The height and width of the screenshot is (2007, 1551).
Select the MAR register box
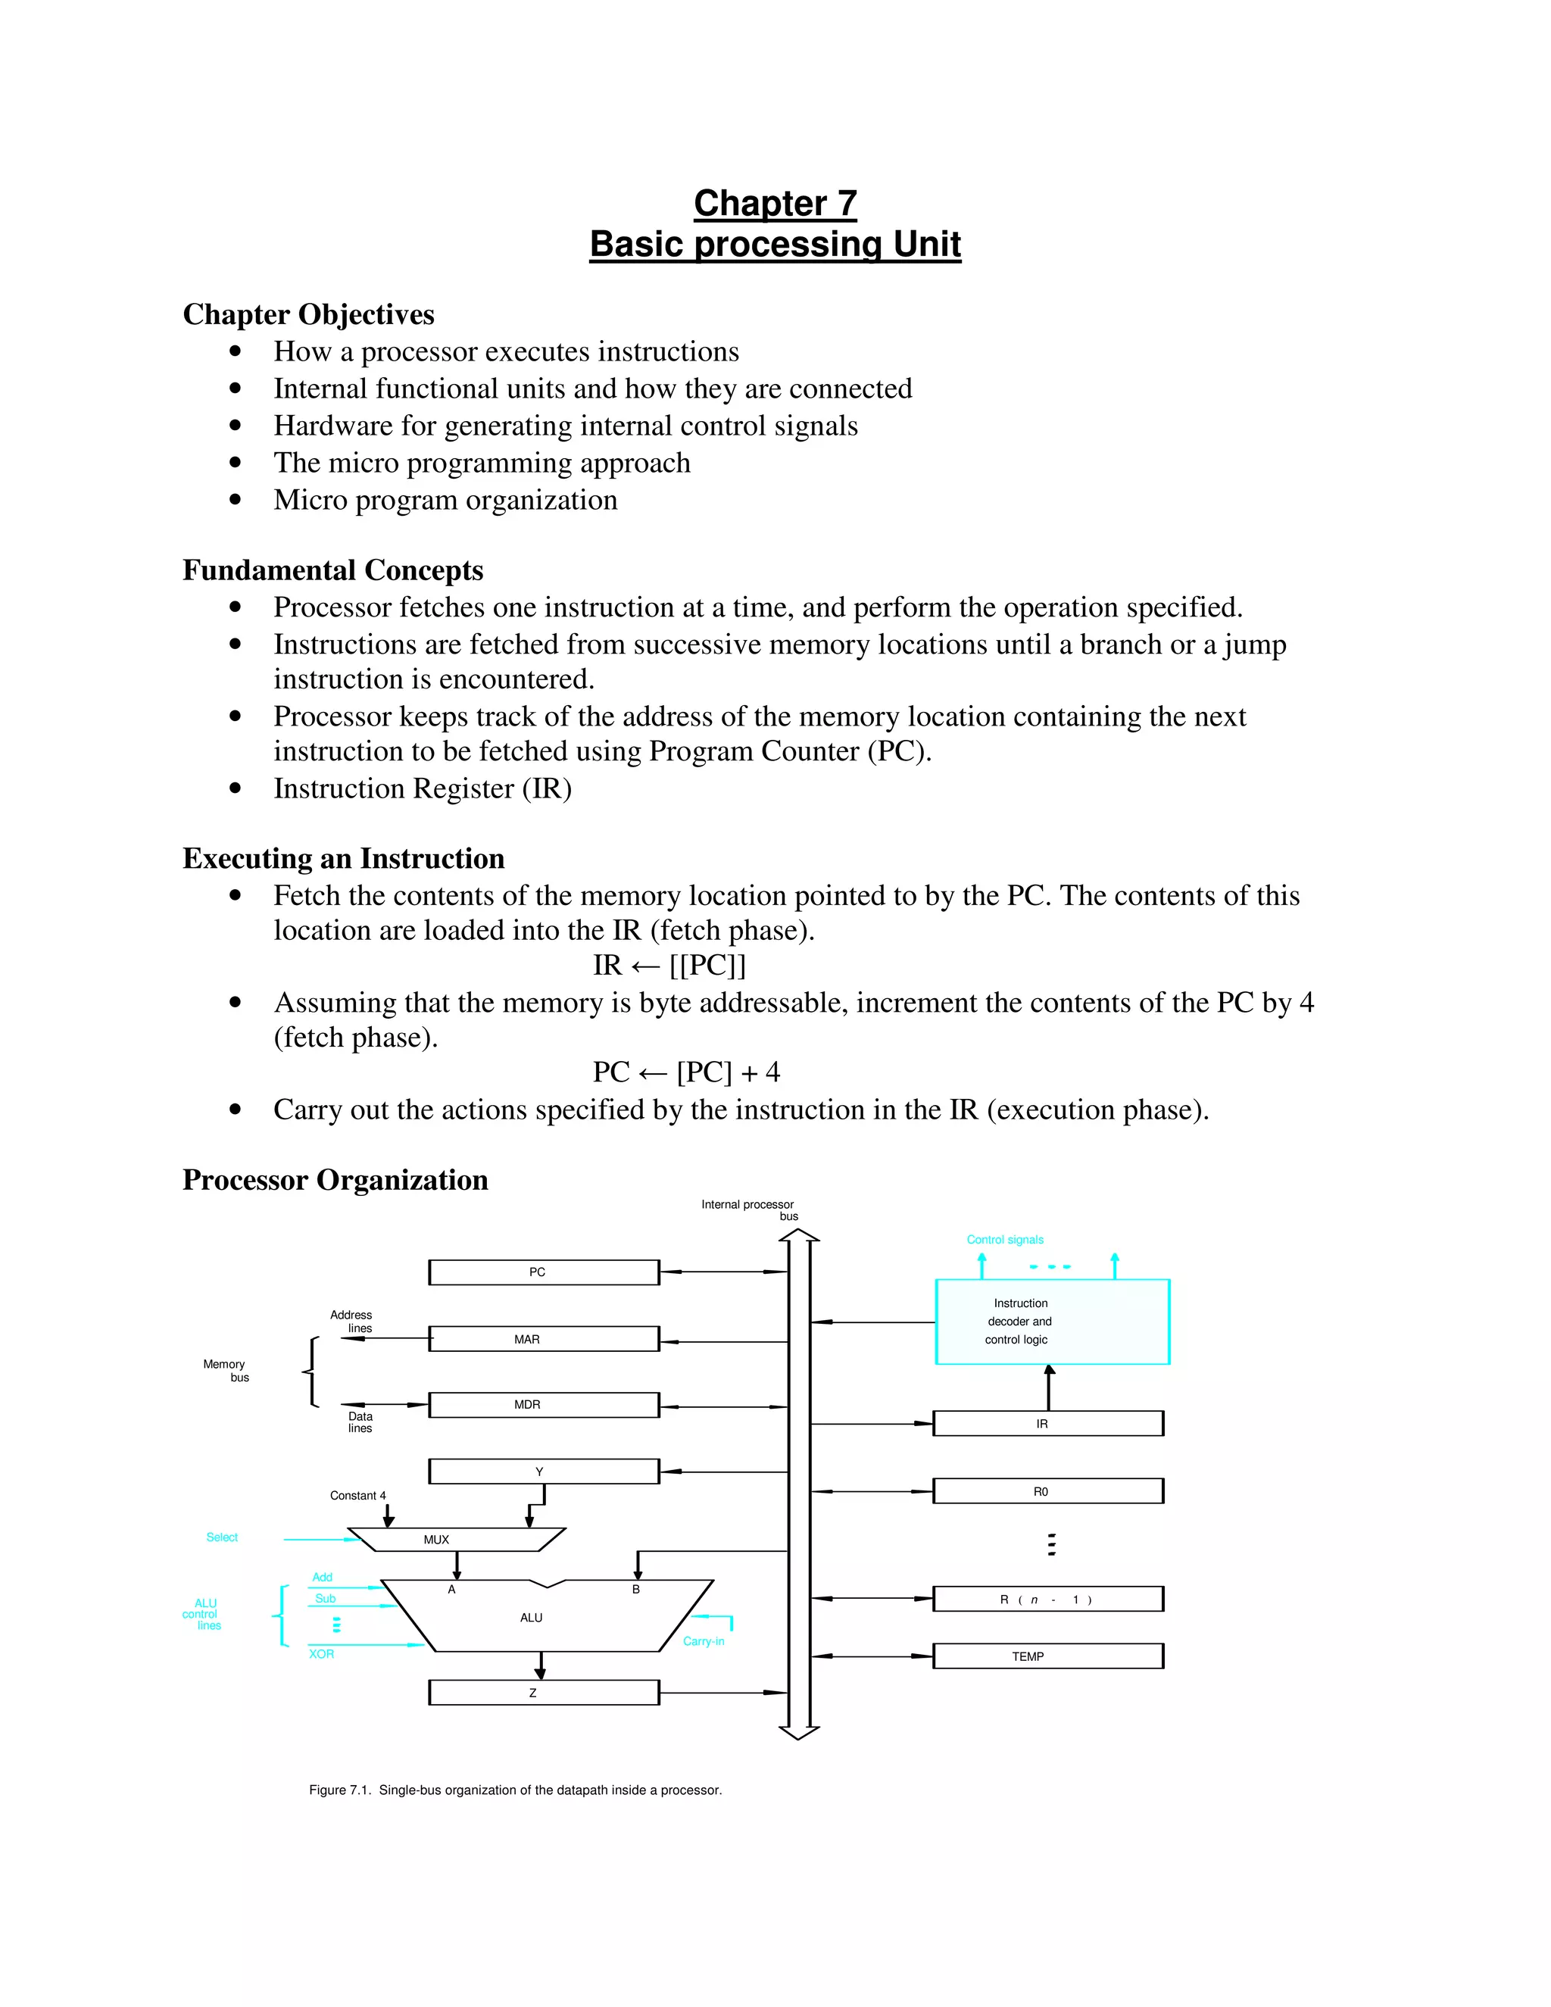(544, 1339)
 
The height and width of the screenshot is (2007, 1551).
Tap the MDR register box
(544, 1404)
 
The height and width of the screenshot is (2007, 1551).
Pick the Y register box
(544, 1472)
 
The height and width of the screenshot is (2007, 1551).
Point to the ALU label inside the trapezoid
(531, 1618)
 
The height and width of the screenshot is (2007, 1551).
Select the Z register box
(544, 1692)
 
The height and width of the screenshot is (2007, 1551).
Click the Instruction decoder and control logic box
(1052, 1322)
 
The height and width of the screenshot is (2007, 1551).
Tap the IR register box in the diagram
(1048, 1424)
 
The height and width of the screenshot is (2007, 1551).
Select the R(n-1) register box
(1048, 1599)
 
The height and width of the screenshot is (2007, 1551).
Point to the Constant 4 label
(357, 1495)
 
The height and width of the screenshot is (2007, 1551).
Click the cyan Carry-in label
(704, 1641)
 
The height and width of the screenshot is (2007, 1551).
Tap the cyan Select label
(221, 1537)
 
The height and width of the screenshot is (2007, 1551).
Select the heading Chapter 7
(775, 203)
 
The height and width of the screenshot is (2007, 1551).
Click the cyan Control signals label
(1005, 1240)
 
